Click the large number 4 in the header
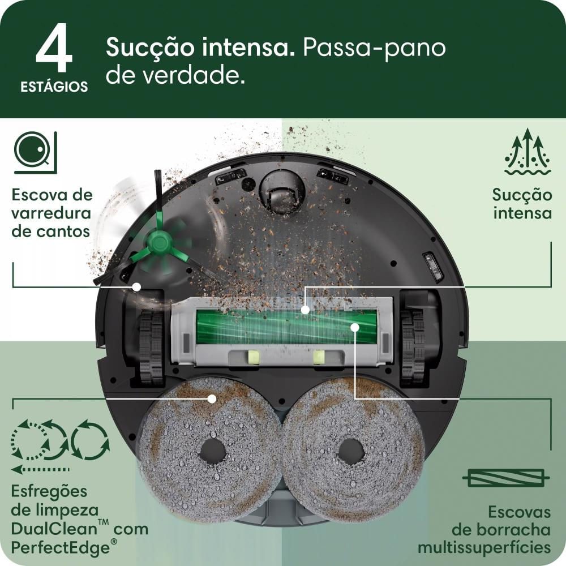pos(54,50)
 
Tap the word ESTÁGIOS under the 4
pos(54,87)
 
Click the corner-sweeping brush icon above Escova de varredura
pos(35,151)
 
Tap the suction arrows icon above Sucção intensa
pos(527,151)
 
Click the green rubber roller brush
pos(286,327)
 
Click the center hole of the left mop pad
pos(212,451)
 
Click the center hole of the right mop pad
pos(351,451)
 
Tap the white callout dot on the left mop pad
pos(212,398)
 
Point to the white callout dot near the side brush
pos(136,287)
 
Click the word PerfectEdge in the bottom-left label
pos(58,548)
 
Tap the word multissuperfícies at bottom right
pos(484,548)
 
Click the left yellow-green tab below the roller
pos(253,356)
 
